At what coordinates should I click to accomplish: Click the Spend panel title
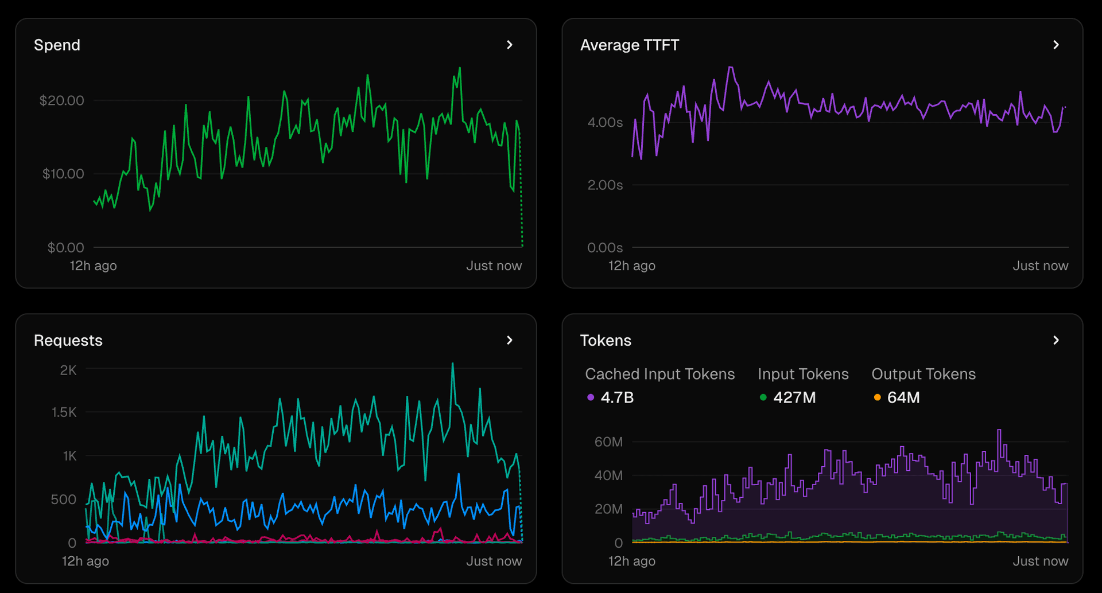pos(57,45)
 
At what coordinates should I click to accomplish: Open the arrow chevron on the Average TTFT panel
pos(1056,45)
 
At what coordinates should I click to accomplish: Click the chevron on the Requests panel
pos(510,341)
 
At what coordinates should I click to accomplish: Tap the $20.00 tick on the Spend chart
pos(61,101)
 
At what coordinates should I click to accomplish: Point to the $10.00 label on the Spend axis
pos(63,174)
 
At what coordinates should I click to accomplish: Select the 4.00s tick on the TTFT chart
pos(605,122)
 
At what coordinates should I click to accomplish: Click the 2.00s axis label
pos(605,185)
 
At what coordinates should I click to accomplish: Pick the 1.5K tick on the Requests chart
pos(64,412)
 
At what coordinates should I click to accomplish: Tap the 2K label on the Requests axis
pos(68,370)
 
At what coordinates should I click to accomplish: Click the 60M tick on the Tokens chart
pos(608,442)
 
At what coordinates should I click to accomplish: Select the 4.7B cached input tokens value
pos(617,397)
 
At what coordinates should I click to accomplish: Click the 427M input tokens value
pos(794,397)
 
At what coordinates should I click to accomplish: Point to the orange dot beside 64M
pos(877,397)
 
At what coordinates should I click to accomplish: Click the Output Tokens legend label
pos(923,374)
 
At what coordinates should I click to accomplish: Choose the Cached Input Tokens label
pos(659,374)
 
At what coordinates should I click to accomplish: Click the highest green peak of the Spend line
pos(460,69)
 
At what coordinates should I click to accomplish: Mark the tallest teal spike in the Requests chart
pos(453,364)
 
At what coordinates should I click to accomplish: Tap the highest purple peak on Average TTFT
pos(731,68)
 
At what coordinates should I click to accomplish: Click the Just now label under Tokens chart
pos(1040,561)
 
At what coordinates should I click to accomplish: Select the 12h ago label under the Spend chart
pos(93,266)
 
